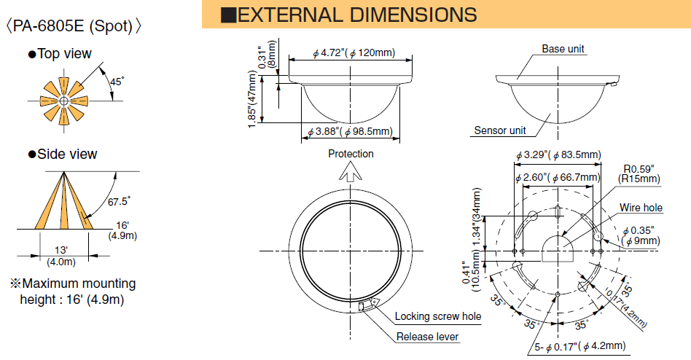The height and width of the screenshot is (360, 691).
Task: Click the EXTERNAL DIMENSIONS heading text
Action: point(357,15)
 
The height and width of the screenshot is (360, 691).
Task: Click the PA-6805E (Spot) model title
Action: point(74,26)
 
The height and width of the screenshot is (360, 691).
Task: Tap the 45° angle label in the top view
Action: point(117,82)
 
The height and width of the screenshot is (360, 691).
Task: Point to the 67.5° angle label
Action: point(119,201)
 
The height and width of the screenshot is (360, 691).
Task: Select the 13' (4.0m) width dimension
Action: point(61,256)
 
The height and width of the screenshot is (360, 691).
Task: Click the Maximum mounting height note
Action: point(73,291)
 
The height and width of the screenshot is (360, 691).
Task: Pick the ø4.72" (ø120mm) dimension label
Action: point(354,53)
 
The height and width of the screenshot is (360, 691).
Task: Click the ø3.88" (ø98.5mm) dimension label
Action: point(351,131)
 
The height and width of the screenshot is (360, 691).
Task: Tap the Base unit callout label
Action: point(563,49)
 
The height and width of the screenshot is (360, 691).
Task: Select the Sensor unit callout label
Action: point(500,130)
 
